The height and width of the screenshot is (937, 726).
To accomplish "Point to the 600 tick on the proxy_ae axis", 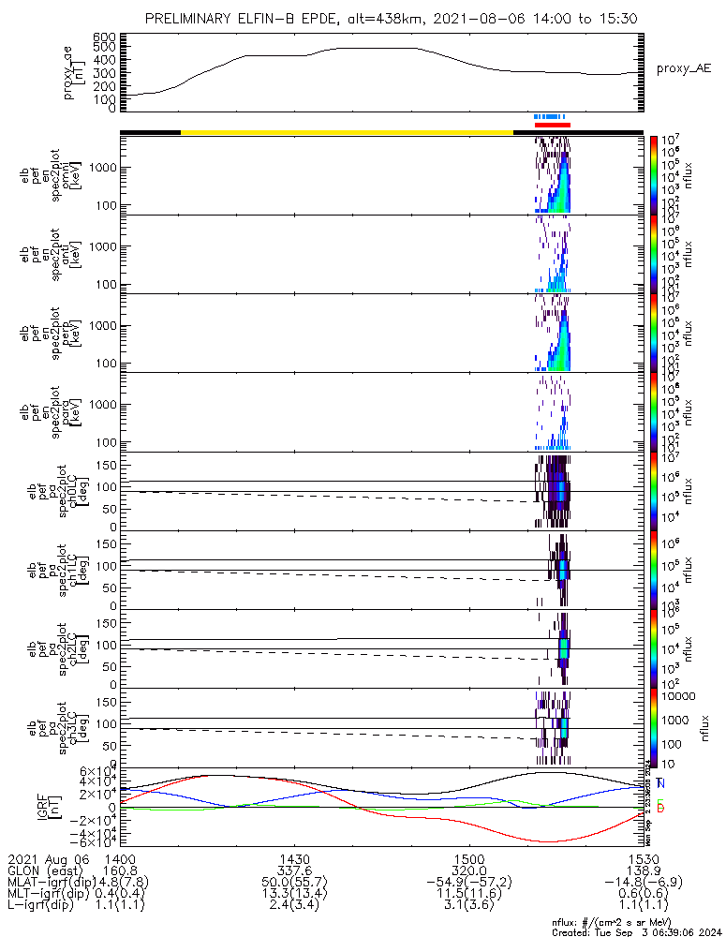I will point(104,37).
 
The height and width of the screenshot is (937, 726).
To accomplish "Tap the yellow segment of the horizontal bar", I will point(347,132).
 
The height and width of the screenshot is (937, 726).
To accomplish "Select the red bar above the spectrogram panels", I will point(553,125).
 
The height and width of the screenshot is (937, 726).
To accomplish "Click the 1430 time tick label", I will point(294,858).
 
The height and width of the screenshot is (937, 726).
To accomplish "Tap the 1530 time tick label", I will point(644,858).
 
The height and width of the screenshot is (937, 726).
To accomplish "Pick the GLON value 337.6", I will point(294,870).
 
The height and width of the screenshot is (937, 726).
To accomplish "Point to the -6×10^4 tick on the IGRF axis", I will point(97,843).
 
